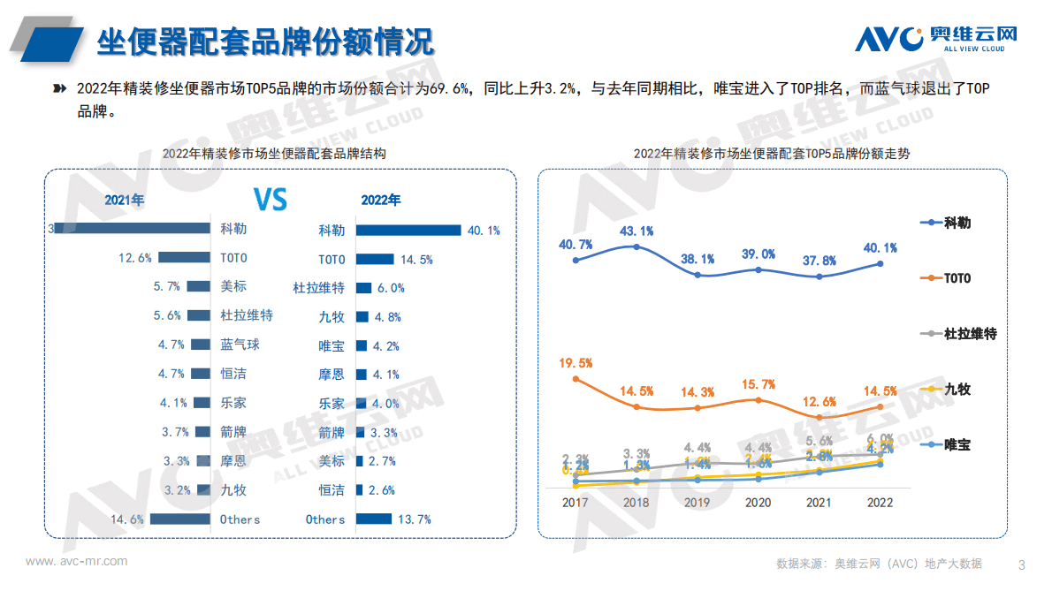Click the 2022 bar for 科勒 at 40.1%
tap(408, 230)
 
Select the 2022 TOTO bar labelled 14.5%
tap(374, 259)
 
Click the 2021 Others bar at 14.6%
tap(179, 519)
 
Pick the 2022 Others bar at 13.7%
tap(373, 519)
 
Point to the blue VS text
tap(271, 200)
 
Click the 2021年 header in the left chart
tap(124, 200)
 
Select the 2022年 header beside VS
tap(380, 200)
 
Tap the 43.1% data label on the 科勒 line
tap(637, 231)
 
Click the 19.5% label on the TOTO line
tap(576, 362)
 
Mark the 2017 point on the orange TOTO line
tap(576, 379)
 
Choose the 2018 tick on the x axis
tap(637, 502)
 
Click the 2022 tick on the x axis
tap(880, 502)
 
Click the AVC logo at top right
tap(936, 38)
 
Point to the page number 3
tap(1022, 564)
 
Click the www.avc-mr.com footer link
tap(76, 561)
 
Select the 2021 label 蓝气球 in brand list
tap(240, 345)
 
